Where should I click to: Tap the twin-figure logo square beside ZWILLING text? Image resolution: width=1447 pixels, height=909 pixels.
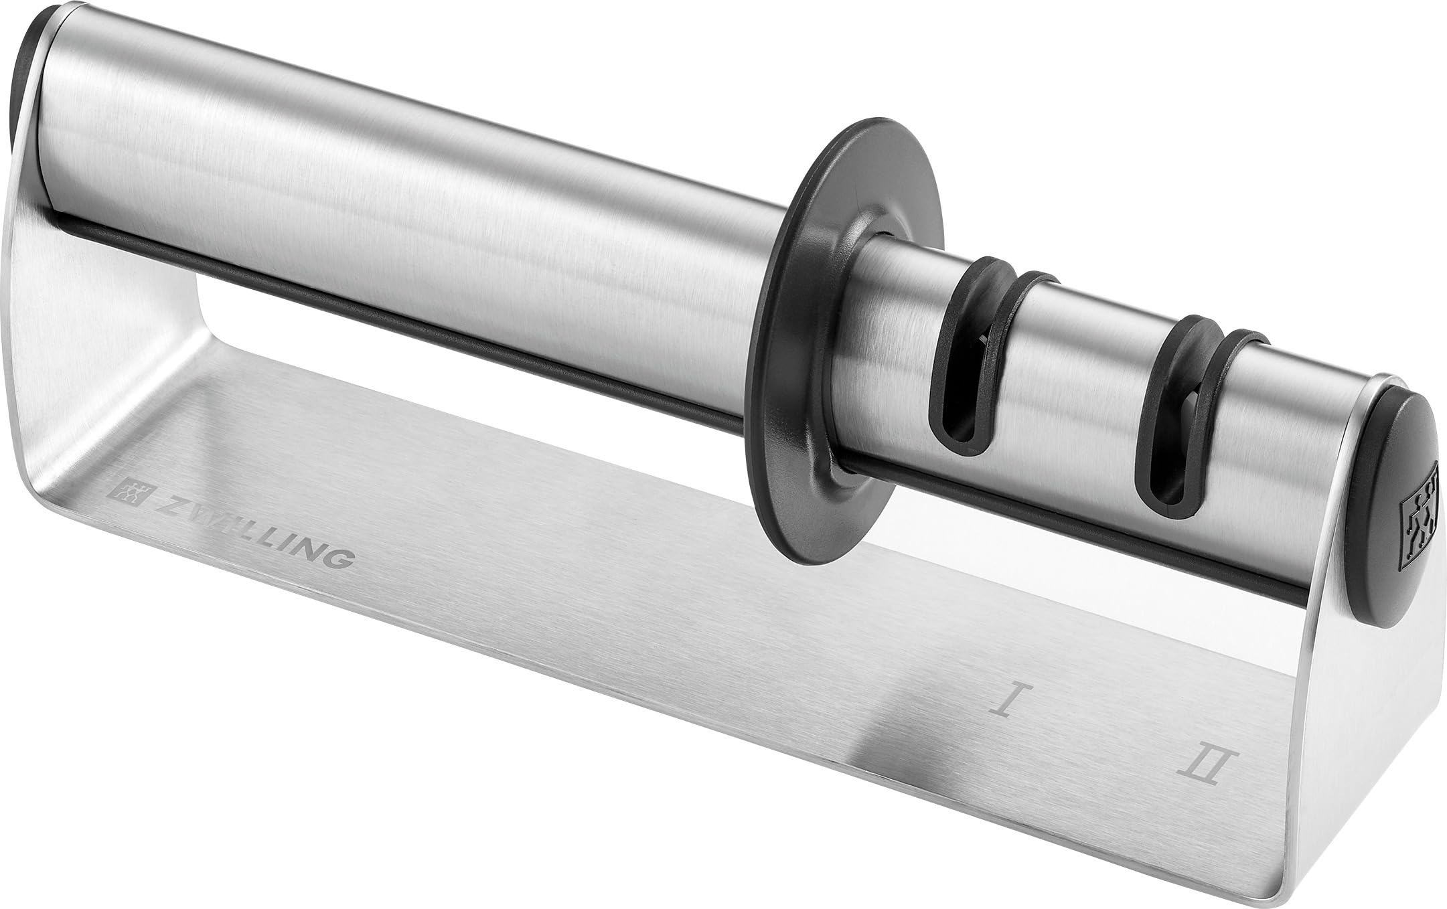click(x=132, y=493)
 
